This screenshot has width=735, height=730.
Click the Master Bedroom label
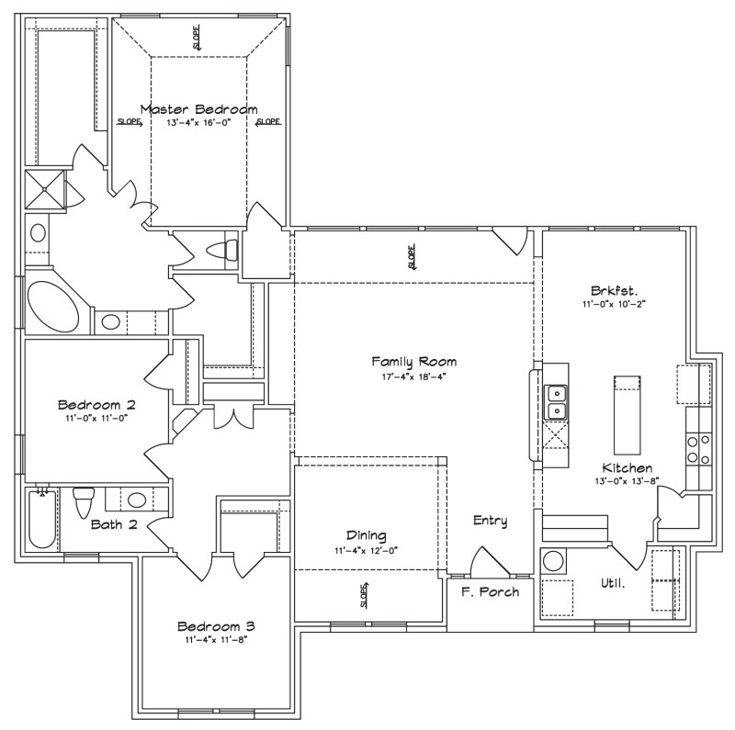coord(198,108)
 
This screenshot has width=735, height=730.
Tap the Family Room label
coord(413,362)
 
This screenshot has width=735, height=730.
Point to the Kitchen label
coord(628,467)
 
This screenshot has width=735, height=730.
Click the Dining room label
coord(366,535)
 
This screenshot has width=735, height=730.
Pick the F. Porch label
coord(490,591)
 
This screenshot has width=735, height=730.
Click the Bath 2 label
coord(114,525)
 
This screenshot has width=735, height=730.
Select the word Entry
coord(490,521)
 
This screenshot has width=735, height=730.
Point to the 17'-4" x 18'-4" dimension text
coord(413,376)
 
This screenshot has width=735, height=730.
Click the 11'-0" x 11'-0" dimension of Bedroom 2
coord(96,418)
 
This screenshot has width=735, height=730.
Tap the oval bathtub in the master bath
coord(53,306)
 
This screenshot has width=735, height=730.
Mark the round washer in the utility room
coord(553,561)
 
